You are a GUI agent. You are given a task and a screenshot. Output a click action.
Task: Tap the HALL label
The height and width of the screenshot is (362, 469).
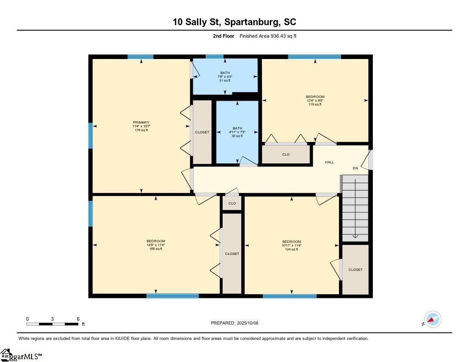click(329, 162)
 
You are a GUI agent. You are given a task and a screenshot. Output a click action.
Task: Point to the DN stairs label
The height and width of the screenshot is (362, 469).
click(355, 168)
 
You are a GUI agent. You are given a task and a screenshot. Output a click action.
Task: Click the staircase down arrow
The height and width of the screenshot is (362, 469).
click(355, 209)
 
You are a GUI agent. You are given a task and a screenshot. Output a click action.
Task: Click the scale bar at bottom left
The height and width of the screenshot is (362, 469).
click(52, 324)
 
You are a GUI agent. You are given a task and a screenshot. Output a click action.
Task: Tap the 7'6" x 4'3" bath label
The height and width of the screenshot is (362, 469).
click(225, 76)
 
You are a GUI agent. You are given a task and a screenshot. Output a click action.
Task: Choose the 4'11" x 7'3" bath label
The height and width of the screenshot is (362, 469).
click(237, 132)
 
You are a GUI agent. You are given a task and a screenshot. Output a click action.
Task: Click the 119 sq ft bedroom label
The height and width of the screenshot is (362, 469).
click(315, 100)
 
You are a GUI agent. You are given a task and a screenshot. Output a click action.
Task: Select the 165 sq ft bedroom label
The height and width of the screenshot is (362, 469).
click(156, 245)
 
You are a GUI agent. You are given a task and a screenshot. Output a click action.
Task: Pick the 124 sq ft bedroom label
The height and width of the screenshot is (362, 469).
click(292, 245)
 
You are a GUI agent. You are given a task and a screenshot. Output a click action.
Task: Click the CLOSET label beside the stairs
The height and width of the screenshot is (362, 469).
click(355, 270)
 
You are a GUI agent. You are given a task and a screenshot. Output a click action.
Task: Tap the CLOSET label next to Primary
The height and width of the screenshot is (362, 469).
click(202, 132)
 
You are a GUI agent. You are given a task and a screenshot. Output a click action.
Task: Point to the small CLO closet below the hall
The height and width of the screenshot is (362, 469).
click(232, 203)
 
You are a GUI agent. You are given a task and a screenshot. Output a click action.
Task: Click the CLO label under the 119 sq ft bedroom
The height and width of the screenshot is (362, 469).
click(286, 155)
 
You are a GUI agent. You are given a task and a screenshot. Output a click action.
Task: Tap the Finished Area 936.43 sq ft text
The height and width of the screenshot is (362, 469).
click(268, 36)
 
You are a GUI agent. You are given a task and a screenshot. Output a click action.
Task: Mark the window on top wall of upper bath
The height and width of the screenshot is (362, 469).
click(214, 57)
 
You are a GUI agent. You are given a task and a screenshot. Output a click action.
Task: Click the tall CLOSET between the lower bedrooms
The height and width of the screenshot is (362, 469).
click(232, 254)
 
